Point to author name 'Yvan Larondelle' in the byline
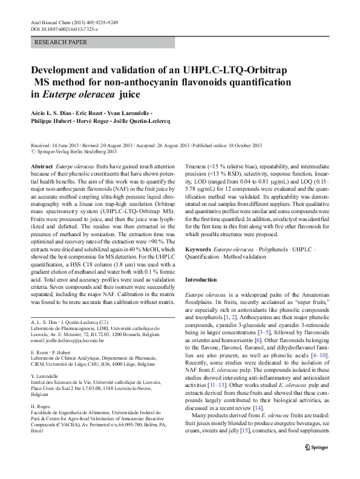point(128,113)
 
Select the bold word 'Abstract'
point(41,165)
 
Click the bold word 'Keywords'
point(198,249)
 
